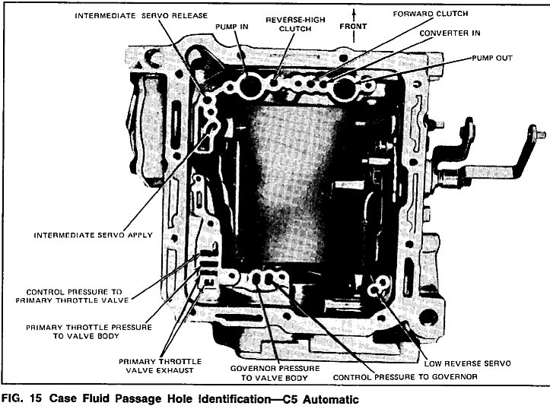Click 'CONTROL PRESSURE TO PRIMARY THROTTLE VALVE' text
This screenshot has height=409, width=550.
pyautogui.click(x=77, y=295)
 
